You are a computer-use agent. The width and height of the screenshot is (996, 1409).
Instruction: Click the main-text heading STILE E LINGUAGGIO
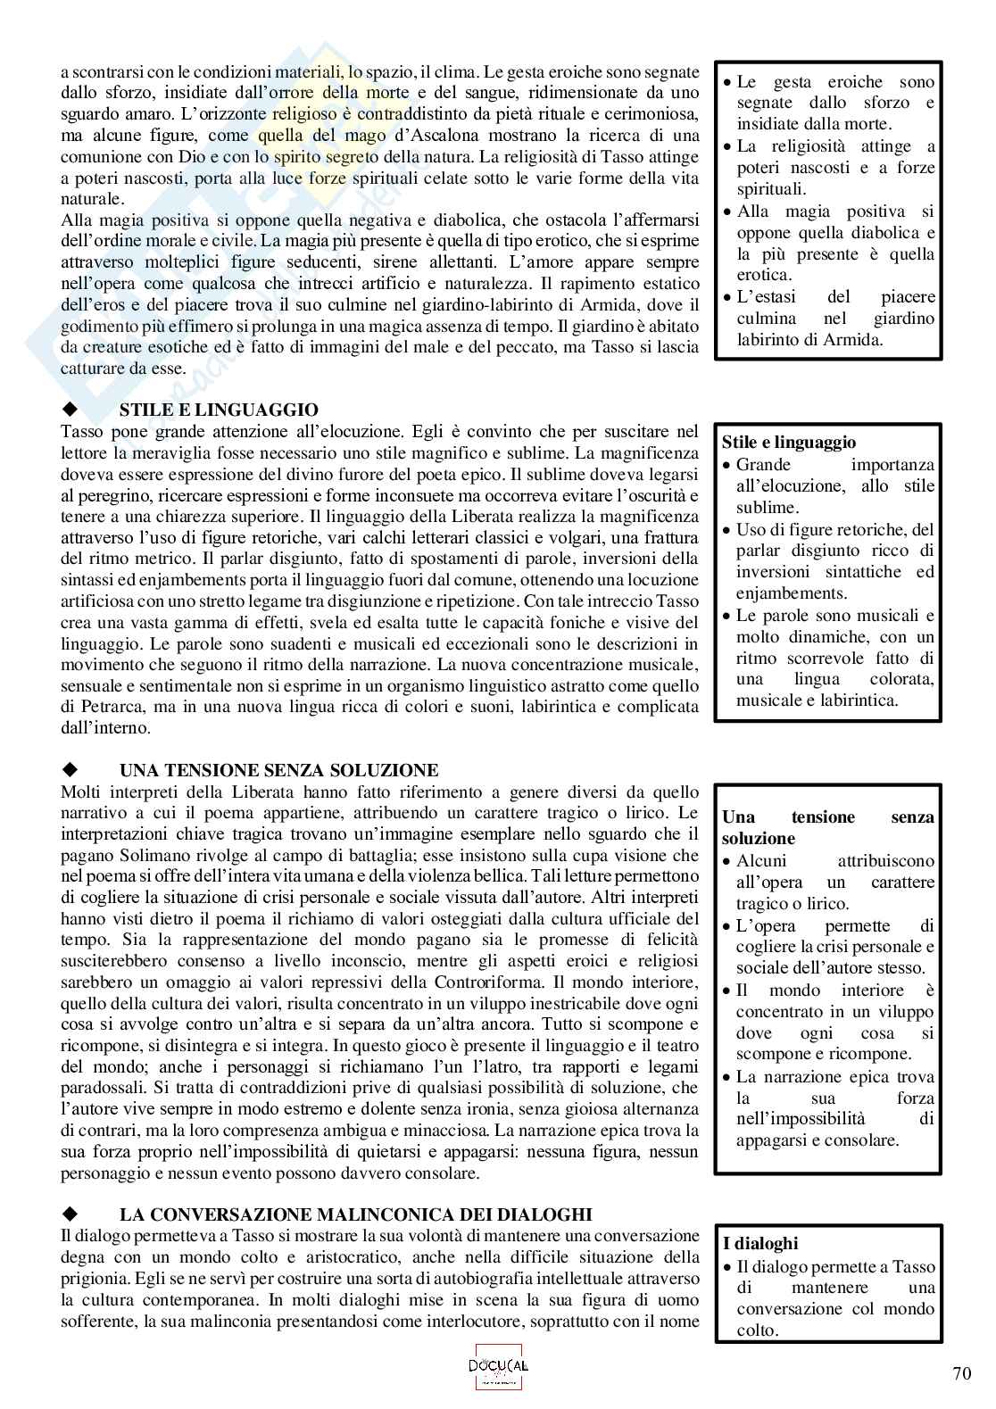tap(219, 410)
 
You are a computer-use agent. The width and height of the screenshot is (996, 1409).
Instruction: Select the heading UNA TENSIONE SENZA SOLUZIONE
tap(278, 770)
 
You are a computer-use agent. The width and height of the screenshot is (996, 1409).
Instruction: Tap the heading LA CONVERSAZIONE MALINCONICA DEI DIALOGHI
tap(355, 1214)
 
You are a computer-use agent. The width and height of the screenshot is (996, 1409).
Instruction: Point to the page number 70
tap(961, 1373)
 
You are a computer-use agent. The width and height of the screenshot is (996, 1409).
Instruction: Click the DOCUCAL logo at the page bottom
tap(498, 1366)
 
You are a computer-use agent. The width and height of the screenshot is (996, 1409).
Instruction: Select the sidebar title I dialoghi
tap(760, 1243)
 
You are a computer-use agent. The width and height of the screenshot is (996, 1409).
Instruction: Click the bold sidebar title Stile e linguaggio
tap(788, 442)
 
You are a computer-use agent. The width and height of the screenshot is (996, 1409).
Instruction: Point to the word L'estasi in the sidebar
tap(766, 296)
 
